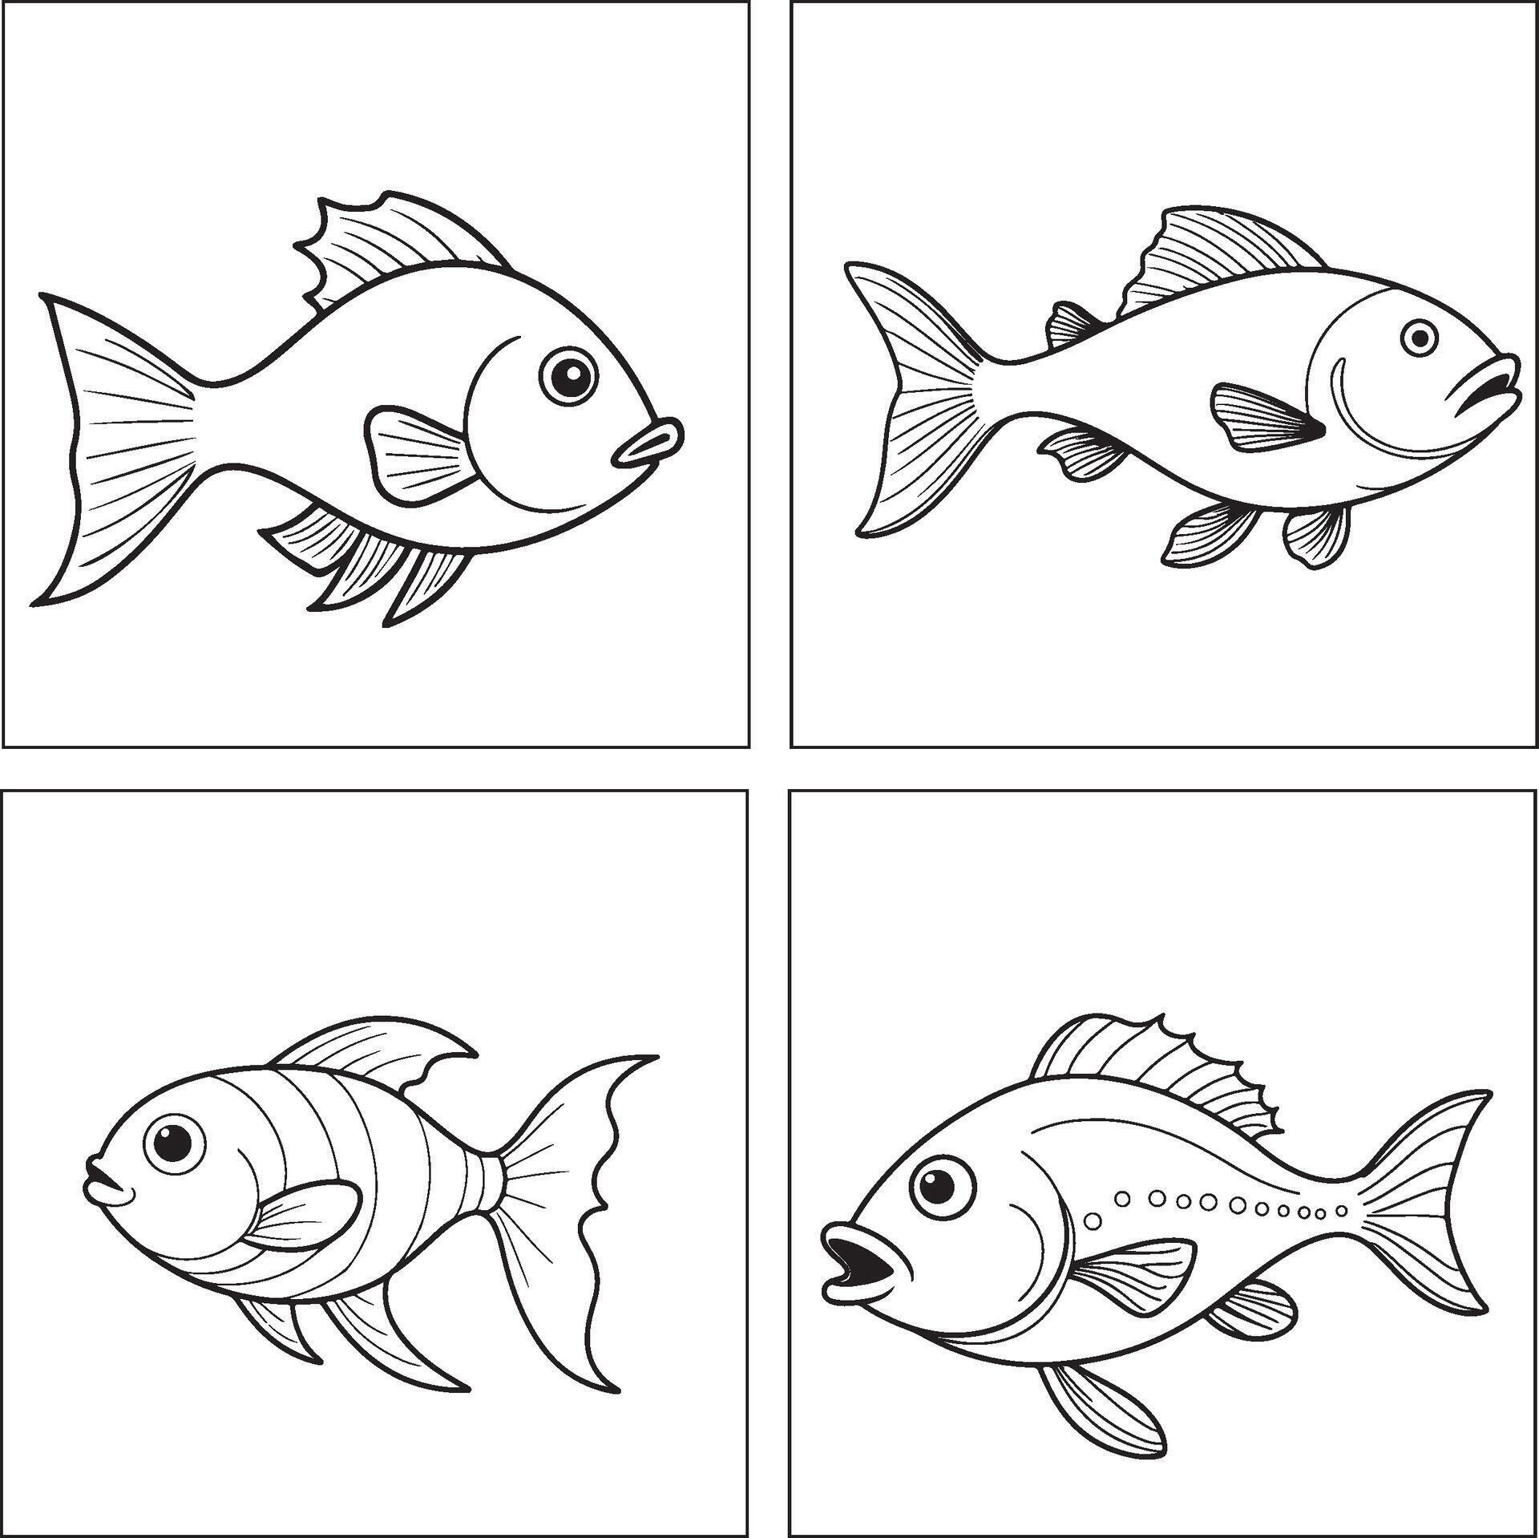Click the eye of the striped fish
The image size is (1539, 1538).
174,1143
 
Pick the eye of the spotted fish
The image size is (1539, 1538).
943,1189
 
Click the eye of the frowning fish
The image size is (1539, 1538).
1420,338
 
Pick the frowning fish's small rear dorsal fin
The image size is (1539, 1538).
1069,324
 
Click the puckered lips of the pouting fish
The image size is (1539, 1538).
648,445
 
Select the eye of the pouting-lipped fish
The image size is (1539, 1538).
569,375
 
